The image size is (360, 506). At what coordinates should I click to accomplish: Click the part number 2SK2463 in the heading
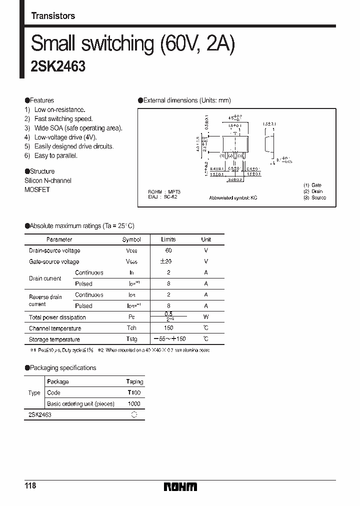click(x=58, y=67)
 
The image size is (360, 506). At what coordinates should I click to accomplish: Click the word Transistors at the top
click(x=53, y=16)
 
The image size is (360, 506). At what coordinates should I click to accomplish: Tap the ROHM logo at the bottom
click(x=180, y=487)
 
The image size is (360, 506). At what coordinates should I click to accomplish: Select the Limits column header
click(x=168, y=239)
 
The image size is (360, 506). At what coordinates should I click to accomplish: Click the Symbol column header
click(x=131, y=239)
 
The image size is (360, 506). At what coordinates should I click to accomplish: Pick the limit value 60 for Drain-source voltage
click(x=168, y=250)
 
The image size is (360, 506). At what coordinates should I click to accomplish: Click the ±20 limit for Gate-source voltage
click(x=168, y=261)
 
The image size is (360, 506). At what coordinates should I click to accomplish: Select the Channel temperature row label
click(x=55, y=328)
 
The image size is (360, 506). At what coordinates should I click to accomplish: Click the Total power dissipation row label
click(x=57, y=317)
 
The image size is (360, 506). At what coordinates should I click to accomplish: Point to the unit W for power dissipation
click(x=206, y=317)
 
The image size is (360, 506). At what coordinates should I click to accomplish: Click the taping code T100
click(x=134, y=393)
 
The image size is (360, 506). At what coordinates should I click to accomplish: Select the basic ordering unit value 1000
click(x=134, y=404)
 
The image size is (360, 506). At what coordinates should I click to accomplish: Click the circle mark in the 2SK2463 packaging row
click(x=134, y=415)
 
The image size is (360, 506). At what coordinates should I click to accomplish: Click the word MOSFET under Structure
click(x=37, y=190)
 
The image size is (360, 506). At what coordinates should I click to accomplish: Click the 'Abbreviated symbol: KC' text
click(x=233, y=198)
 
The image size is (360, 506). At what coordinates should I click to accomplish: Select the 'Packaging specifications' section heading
click(x=62, y=368)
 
